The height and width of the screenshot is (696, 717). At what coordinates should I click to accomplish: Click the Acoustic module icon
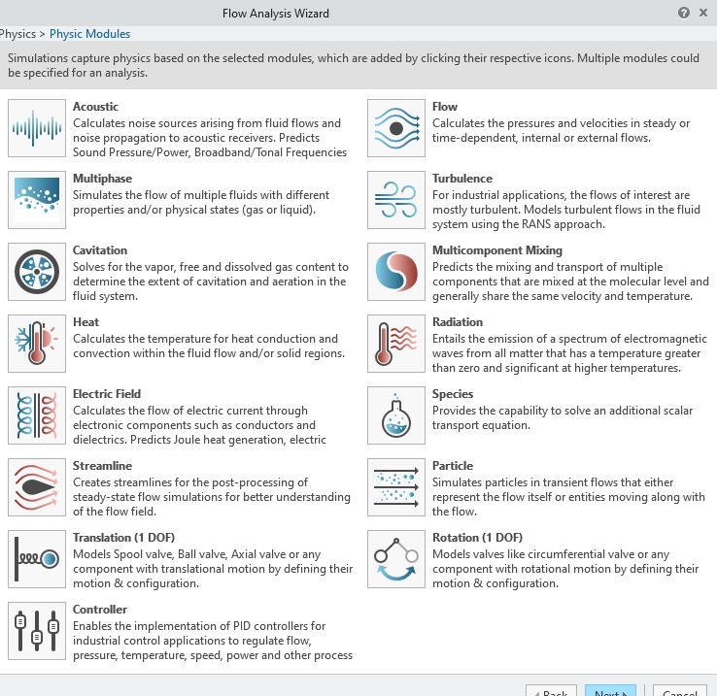click(37, 128)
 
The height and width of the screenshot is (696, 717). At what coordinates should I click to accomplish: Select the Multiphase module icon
click(37, 200)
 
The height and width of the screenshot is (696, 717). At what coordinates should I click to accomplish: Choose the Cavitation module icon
click(37, 272)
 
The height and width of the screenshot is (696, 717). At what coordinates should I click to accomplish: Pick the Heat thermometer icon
click(37, 344)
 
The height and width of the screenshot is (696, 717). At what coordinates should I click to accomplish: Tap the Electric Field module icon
click(37, 415)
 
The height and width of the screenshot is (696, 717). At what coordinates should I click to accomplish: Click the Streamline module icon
click(37, 487)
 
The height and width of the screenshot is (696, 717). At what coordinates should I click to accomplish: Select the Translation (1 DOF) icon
click(37, 559)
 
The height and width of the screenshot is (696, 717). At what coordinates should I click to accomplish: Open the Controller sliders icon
click(37, 631)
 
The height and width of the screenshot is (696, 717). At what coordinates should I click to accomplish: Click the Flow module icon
click(396, 128)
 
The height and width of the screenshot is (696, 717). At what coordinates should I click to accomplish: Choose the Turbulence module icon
click(396, 200)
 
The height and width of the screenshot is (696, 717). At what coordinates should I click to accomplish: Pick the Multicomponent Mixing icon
click(396, 272)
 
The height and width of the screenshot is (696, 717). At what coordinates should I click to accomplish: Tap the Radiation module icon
click(396, 344)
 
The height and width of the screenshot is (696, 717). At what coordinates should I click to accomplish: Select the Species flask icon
click(396, 415)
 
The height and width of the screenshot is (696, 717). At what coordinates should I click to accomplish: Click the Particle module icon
click(396, 487)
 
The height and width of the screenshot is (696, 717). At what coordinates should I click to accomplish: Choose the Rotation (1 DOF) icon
click(396, 559)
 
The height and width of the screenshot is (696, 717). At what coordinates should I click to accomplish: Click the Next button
click(609, 690)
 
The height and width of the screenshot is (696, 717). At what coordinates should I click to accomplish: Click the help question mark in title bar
click(684, 13)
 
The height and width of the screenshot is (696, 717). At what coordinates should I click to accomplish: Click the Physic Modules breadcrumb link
click(89, 34)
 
